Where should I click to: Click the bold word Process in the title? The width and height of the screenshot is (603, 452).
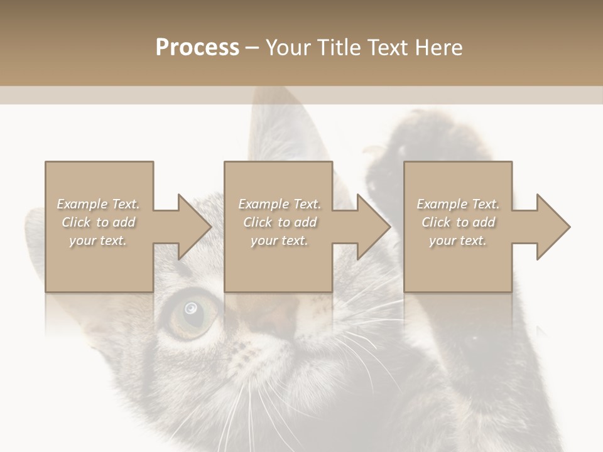(x=197, y=48)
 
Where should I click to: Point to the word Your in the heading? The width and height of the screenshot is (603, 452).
(x=288, y=48)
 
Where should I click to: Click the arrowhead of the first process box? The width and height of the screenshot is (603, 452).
(x=194, y=227)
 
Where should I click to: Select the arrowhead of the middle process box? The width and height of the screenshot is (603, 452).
(x=373, y=227)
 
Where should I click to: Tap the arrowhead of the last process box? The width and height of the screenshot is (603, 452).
(x=553, y=227)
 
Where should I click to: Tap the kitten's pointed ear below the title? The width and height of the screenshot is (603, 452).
(x=276, y=126)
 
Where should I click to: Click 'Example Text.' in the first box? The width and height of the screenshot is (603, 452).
(x=99, y=204)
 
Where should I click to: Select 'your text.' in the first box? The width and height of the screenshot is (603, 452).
(x=99, y=240)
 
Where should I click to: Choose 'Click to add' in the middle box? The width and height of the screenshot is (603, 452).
(x=279, y=222)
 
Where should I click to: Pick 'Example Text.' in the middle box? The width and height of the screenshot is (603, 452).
(x=279, y=204)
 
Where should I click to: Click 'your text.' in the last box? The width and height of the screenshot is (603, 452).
(x=458, y=240)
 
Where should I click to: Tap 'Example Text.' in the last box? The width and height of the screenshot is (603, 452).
(x=458, y=204)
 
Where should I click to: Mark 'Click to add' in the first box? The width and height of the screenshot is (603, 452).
(x=99, y=222)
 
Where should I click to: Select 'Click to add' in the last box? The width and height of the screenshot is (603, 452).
(x=458, y=222)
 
